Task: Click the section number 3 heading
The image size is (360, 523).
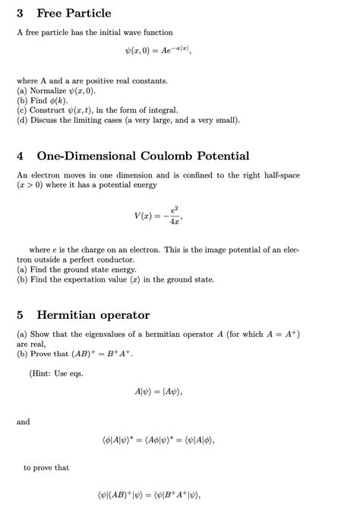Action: pos(21,13)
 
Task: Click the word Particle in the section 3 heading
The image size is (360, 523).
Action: pos(85,13)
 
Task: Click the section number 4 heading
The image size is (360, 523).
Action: pos(21,156)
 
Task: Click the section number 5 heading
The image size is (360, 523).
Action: pos(21,314)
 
